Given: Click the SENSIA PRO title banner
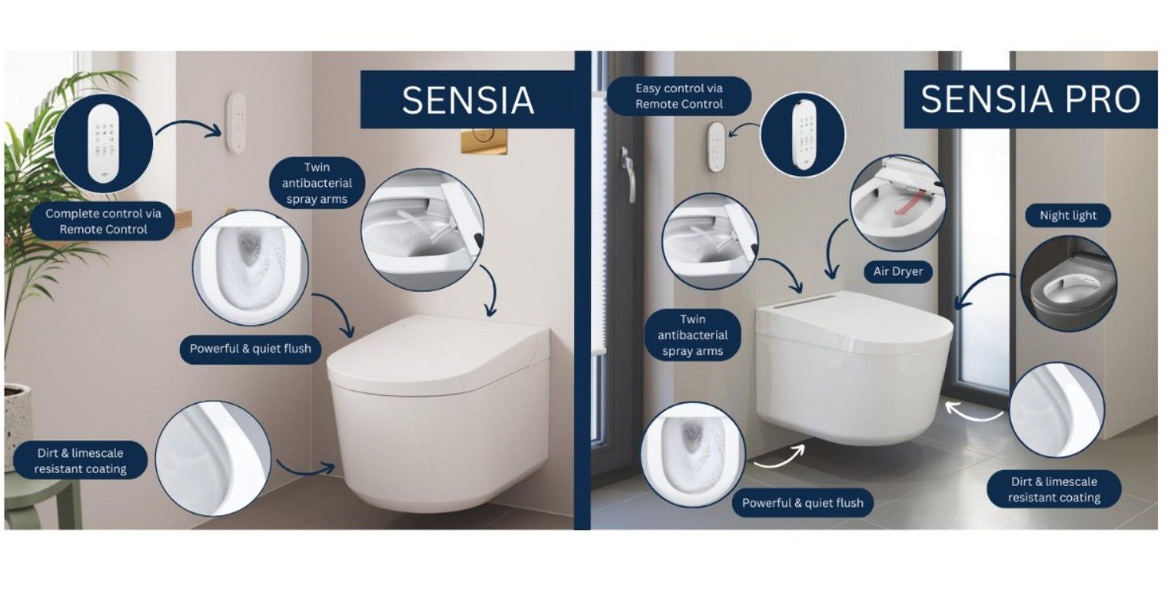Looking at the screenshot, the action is point(1031,99).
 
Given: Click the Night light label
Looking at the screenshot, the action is point(1068,215).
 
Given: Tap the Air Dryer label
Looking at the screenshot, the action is point(898,271).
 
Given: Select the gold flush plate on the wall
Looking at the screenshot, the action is point(484,140).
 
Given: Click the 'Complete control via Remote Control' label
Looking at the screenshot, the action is point(103,222).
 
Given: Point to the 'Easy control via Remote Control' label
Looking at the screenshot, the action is point(679,96).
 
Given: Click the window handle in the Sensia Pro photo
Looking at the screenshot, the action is point(629,175).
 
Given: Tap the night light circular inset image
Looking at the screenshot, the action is point(1068,284).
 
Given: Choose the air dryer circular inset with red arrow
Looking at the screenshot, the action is point(898,203).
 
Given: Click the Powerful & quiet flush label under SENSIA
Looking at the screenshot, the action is point(250,349).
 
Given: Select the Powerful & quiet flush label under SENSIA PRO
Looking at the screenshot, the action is point(803,503).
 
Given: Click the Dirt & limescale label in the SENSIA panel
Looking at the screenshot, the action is point(80,461).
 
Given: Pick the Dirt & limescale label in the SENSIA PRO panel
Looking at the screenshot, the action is point(1054,489).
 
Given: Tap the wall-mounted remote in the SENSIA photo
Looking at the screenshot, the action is point(237,122).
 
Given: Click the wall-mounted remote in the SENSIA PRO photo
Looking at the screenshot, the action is point(716,147).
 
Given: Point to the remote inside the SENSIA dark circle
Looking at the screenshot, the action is point(103,143).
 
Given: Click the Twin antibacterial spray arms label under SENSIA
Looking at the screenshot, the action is point(317,183).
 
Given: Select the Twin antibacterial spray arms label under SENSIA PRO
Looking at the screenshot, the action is point(693,335).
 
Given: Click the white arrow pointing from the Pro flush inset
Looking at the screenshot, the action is point(779,456).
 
